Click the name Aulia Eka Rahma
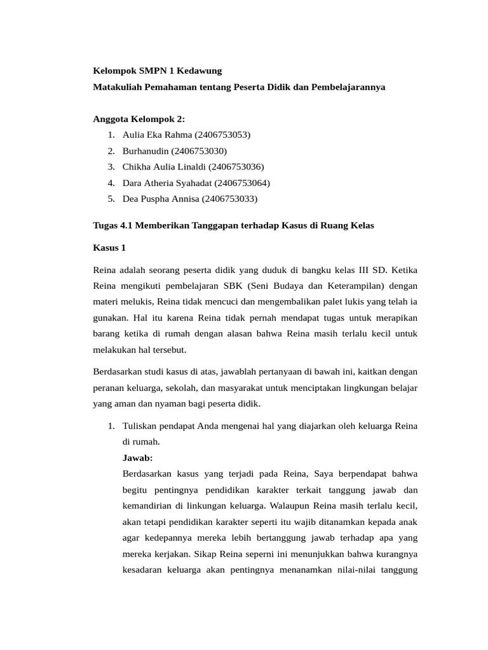tap(157, 135)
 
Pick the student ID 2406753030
tap(198, 151)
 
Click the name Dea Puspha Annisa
tap(161, 199)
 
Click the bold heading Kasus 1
tap(109, 248)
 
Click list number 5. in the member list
tap(111, 199)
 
